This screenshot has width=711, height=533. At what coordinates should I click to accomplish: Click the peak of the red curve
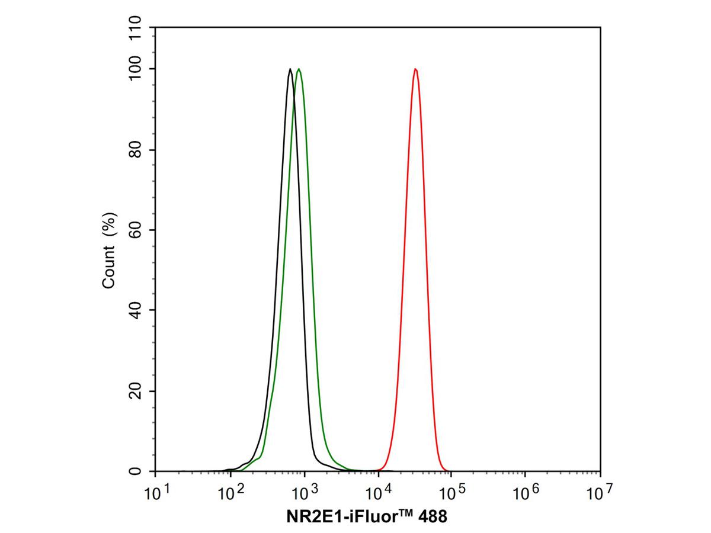pyautogui.click(x=416, y=69)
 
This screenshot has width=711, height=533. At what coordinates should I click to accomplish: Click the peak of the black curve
pyautogui.click(x=290, y=69)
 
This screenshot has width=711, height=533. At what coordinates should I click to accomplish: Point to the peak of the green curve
pyautogui.click(x=299, y=69)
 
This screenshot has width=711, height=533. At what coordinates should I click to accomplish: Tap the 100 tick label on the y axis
pyautogui.click(x=136, y=69)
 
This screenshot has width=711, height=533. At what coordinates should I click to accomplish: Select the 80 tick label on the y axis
pyautogui.click(x=136, y=150)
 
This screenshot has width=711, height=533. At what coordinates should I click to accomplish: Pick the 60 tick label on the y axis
pyautogui.click(x=136, y=230)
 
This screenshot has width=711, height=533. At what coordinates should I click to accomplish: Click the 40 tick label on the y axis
pyautogui.click(x=136, y=310)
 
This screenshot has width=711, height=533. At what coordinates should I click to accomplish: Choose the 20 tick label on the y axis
pyautogui.click(x=136, y=391)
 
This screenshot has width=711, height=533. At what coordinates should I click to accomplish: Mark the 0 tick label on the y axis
pyautogui.click(x=136, y=471)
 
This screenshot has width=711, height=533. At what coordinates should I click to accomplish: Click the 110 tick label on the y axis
pyautogui.click(x=136, y=28)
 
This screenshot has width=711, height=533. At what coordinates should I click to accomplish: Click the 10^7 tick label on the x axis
pyautogui.click(x=600, y=491)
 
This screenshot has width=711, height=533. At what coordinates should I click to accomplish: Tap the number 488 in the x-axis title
pyautogui.click(x=433, y=516)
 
